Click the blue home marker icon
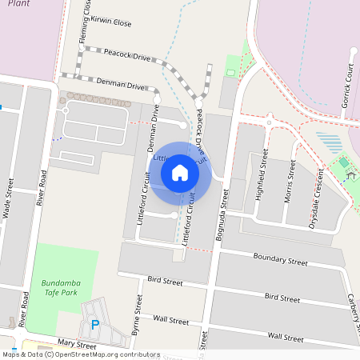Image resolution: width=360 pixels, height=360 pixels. (180, 172)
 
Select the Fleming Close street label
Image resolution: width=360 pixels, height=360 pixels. (84, 22)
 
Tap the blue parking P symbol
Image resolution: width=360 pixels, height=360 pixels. (96, 325)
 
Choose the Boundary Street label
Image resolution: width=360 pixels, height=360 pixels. (280, 261)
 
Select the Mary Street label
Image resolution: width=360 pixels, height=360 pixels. (76, 346)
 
